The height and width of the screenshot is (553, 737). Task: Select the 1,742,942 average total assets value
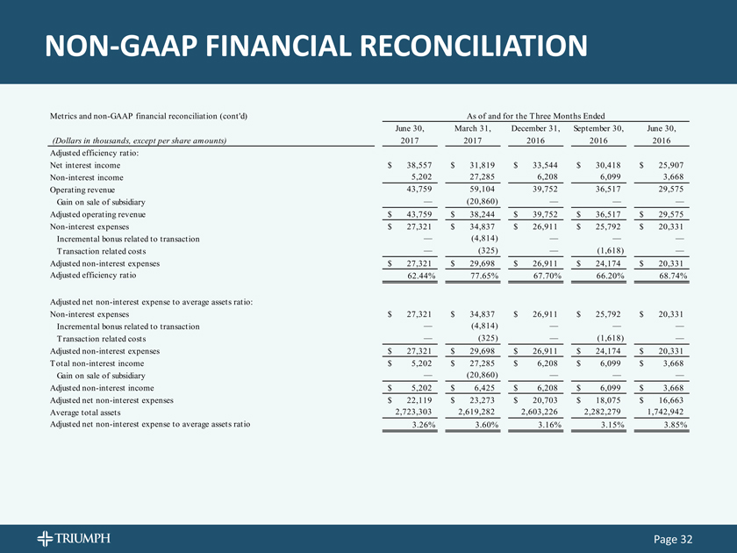point(662,412)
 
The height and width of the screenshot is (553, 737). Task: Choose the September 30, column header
point(599,128)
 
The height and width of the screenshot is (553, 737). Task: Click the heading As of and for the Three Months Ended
point(538,116)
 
